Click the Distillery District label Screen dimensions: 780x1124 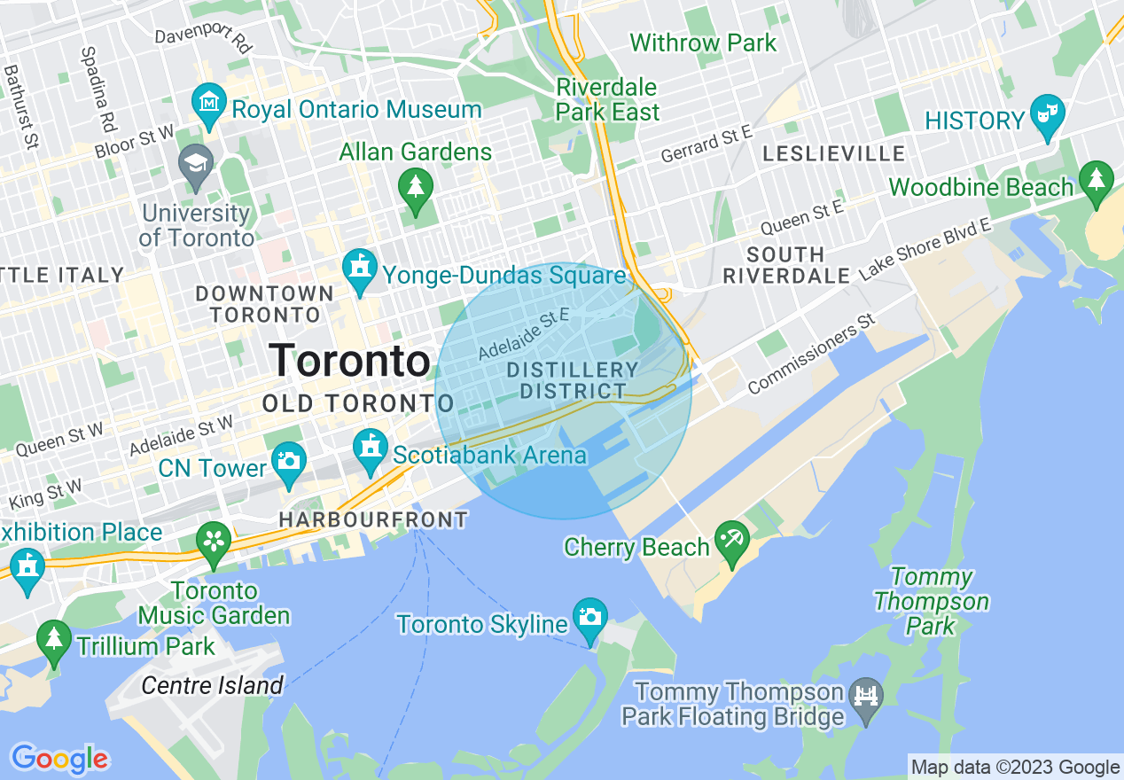(x=573, y=380)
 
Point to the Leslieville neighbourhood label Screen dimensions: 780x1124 (x=834, y=153)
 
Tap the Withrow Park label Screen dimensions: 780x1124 (x=703, y=43)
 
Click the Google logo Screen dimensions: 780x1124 (x=59, y=760)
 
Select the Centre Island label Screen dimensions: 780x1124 (x=213, y=685)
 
